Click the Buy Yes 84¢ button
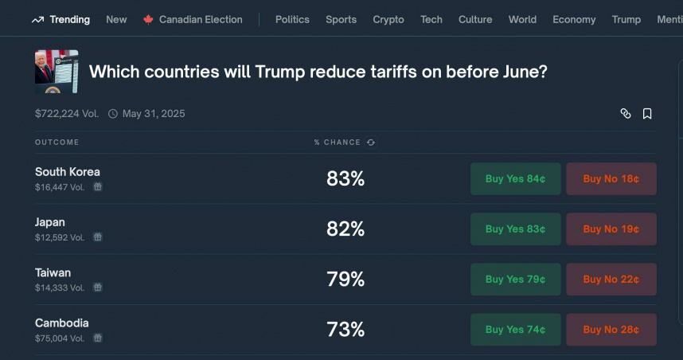[x=515, y=178]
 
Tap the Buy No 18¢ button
[x=611, y=178]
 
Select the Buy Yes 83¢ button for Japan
[x=515, y=229]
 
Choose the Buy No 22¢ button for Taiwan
[x=611, y=279]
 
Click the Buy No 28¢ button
[x=611, y=329]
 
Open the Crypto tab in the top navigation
[x=388, y=19]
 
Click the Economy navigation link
[x=574, y=19]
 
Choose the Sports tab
[x=341, y=19]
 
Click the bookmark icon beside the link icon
[x=647, y=114]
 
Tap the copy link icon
[x=626, y=114]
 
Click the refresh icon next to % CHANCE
[x=371, y=143]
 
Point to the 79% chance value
[x=345, y=280]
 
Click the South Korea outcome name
[x=68, y=172]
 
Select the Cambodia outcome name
[x=62, y=323]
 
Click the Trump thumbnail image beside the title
[x=57, y=72]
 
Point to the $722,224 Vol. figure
[x=67, y=114]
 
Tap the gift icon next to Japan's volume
[x=97, y=237]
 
